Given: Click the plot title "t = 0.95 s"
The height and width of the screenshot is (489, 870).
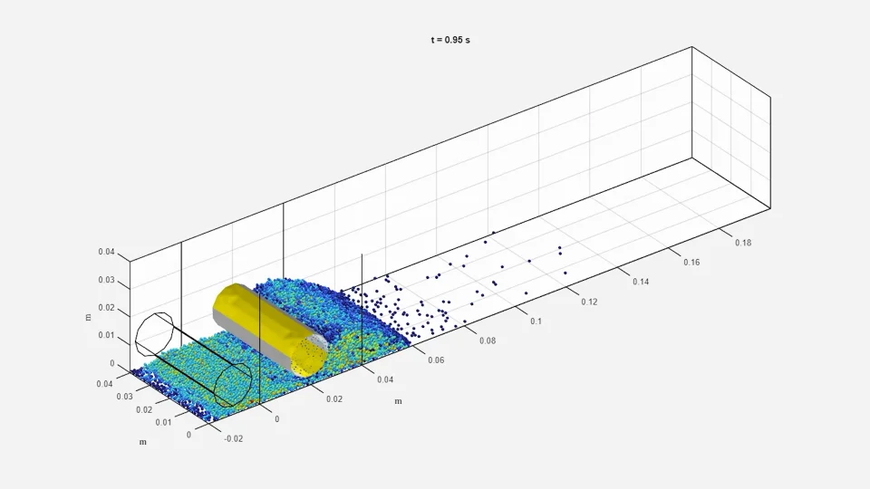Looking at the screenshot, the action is tap(450, 40).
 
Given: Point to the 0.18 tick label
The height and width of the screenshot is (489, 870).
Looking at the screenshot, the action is tap(743, 243).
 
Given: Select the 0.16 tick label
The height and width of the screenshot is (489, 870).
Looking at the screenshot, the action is tap(691, 263).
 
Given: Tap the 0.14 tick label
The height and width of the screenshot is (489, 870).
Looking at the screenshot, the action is tap(641, 282).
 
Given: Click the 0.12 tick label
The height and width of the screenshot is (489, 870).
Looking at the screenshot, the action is tap(589, 302).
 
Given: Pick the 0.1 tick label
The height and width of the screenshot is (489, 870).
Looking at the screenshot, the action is tap(536, 321).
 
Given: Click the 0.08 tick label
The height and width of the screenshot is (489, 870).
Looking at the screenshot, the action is tap(488, 340).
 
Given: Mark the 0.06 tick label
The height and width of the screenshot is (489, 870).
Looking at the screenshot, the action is tap(436, 360).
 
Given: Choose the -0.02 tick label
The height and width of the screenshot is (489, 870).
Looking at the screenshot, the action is tap(234, 438).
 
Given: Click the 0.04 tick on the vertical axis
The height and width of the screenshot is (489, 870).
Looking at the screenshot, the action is tap(107, 252).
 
